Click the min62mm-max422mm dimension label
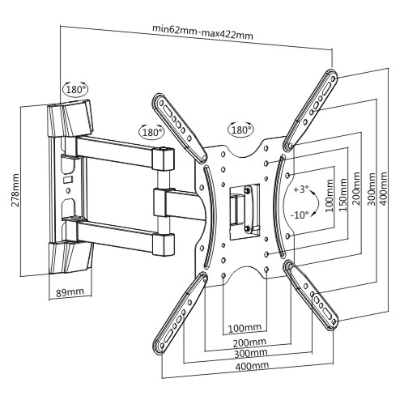pyautogui.click(x=202, y=32)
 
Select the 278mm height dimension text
pyautogui.click(x=15, y=190)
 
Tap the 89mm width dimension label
pyautogui.click(x=70, y=291)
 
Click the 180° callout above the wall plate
pyautogui.click(x=76, y=89)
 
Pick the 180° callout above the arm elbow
pyautogui.click(x=151, y=132)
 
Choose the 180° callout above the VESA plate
pyautogui.click(x=241, y=130)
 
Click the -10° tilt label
pyautogui.click(x=300, y=215)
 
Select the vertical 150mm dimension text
pyautogui.click(x=343, y=194)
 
